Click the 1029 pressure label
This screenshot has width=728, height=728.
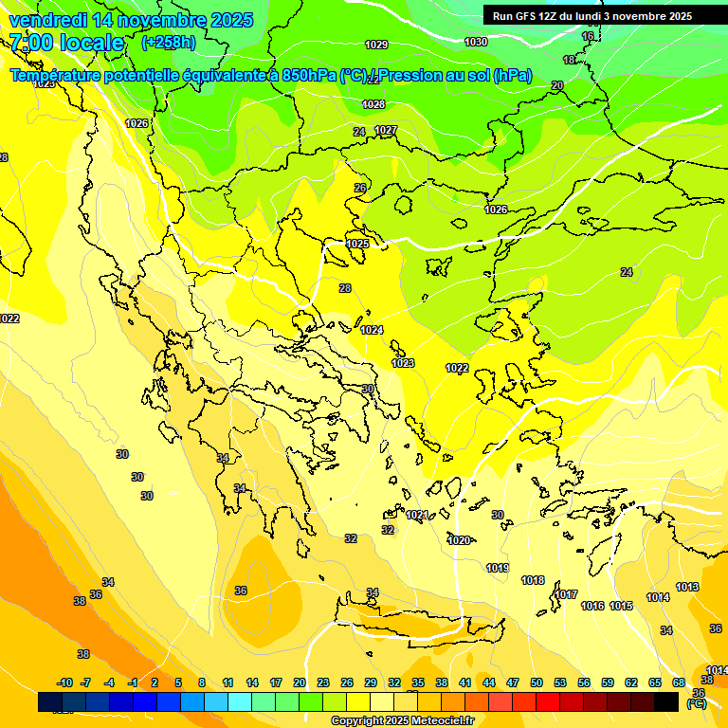point(376,45)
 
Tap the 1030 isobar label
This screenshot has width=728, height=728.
point(476,42)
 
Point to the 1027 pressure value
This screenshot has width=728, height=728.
point(386,130)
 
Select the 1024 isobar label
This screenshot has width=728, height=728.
point(372,330)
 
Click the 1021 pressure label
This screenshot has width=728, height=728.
point(417,515)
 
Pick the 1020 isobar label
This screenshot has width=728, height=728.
point(458,540)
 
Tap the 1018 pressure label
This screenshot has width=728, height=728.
point(533,580)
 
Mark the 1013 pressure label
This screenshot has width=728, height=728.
point(687,587)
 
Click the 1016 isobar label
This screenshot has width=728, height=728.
point(592,606)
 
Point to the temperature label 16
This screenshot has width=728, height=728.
point(588,36)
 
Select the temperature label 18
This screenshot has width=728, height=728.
point(569,60)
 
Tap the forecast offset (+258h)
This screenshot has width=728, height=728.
point(169,43)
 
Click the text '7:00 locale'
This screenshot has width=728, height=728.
point(66,43)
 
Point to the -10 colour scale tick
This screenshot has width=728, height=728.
point(64,682)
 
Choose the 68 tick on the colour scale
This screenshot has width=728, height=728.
point(678,682)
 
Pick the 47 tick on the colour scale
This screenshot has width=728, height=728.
point(513,682)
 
